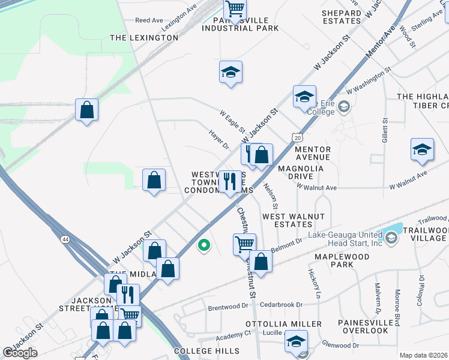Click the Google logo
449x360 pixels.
click(x=20, y=353)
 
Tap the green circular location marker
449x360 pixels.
click(x=204, y=245)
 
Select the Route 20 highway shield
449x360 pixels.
click(x=298, y=138)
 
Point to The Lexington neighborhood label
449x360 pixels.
click(x=144, y=38)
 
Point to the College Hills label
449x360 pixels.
click(x=202, y=350)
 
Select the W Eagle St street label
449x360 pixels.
click(x=232, y=121)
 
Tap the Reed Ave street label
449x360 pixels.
click(x=149, y=20)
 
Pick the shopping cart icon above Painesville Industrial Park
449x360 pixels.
click(x=235, y=9)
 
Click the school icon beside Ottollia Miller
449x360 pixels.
click(x=296, y=341)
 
